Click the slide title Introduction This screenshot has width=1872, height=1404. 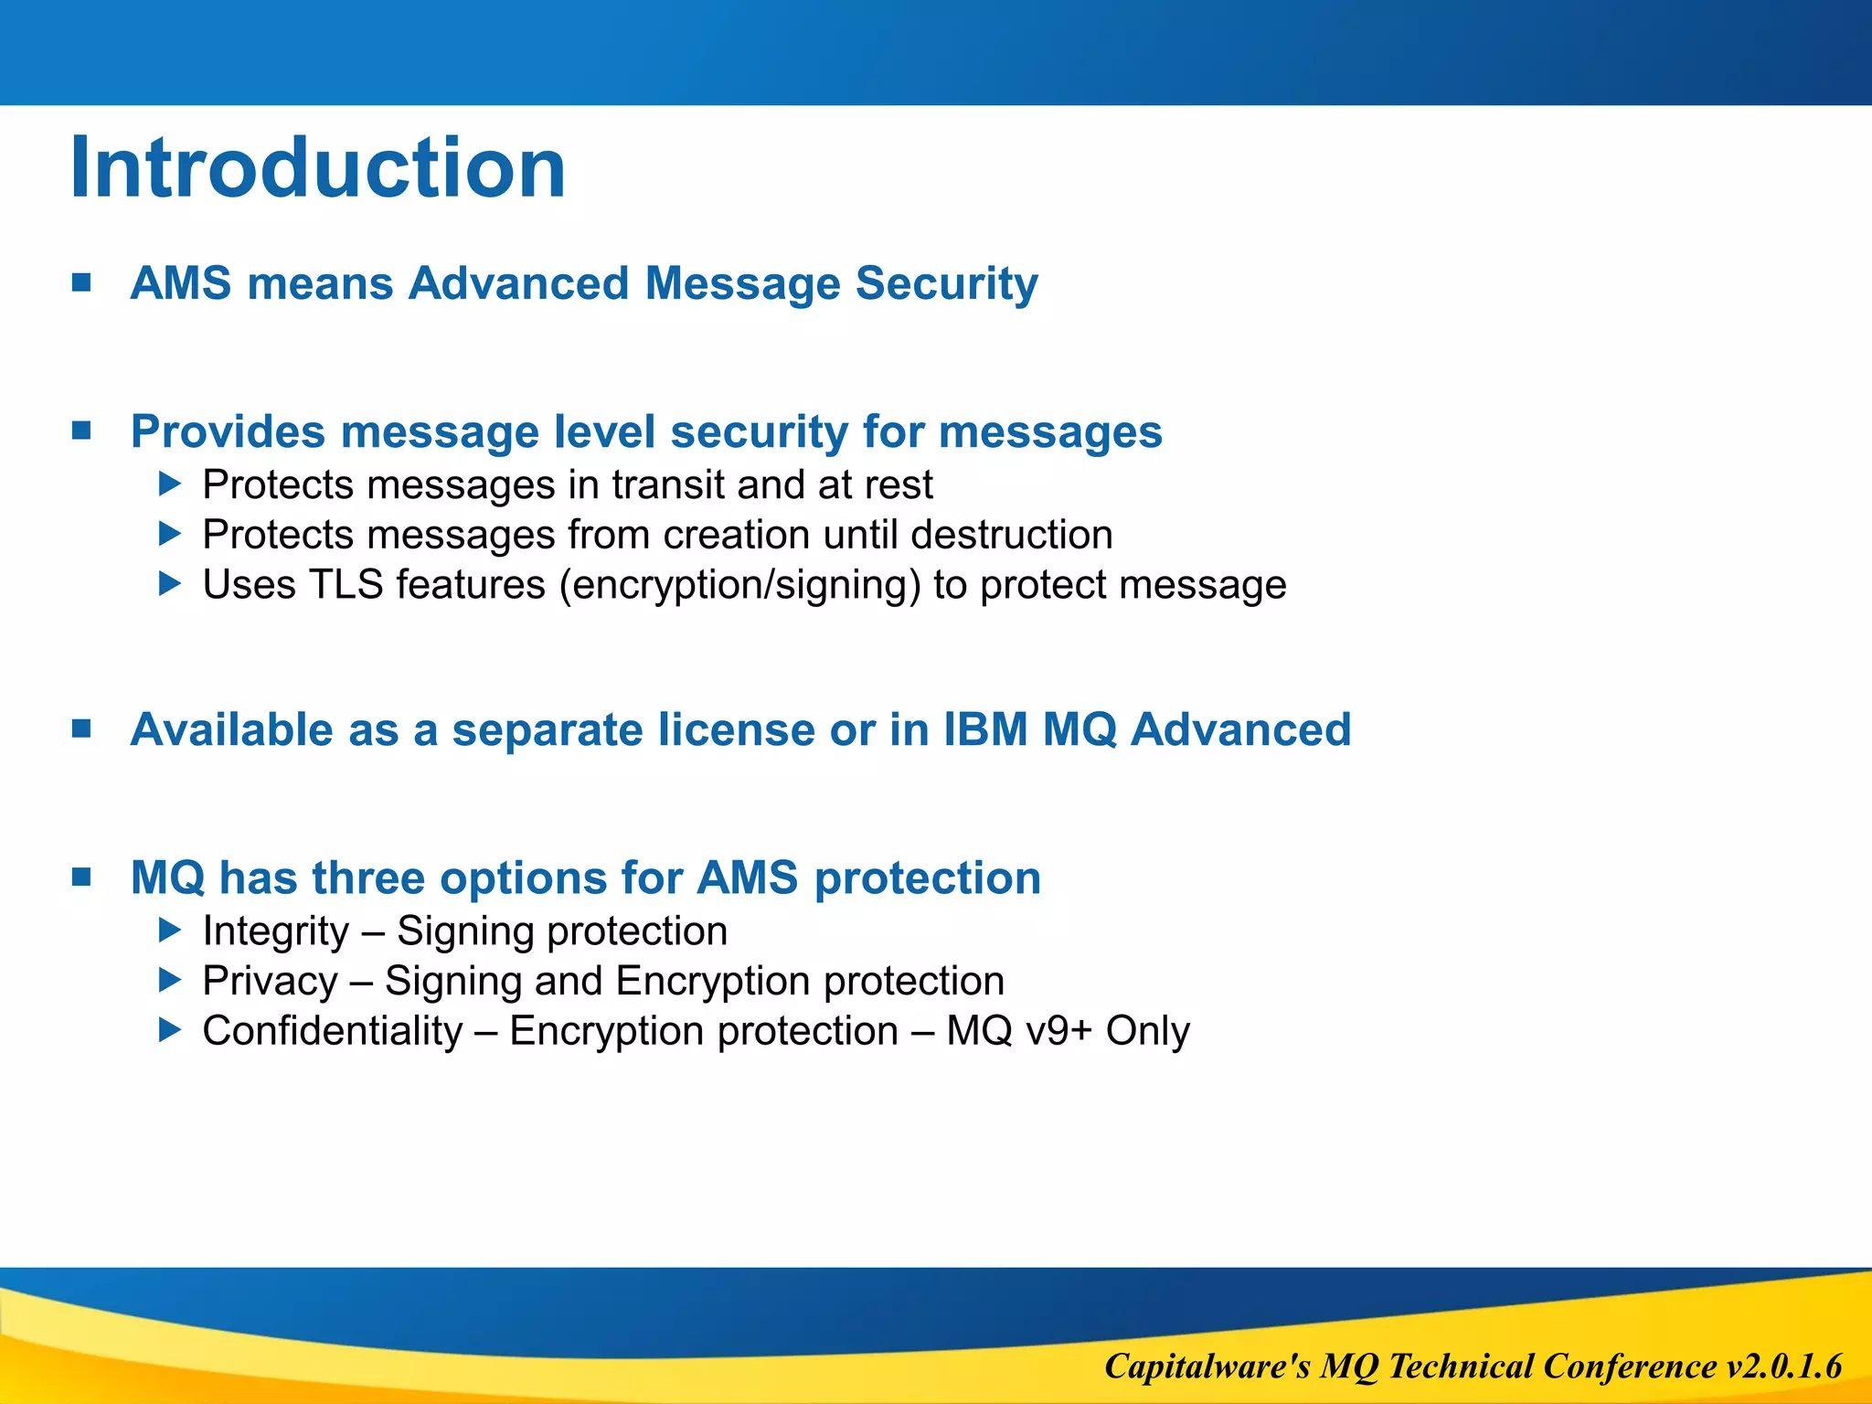click(x=317, y=168)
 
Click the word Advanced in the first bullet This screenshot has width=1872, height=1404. click(x=518, y=283)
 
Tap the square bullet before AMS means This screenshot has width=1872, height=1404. click(x=81, y=282)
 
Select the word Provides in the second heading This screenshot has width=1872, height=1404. click(x=227, y=431)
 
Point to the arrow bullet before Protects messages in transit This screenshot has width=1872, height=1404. click(x=170, y=484)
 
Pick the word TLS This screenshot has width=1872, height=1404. click(x=346, y=585)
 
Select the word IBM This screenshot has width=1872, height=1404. click(x=985, y=729)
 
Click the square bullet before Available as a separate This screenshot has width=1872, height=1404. click(x=81, y=729)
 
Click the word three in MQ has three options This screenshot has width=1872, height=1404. click(x=368, y=878)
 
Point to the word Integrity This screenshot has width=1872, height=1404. click(x=275, y=931)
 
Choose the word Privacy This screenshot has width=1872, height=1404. click(x=270, y=982)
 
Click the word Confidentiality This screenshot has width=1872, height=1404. click(x=333, y=1031)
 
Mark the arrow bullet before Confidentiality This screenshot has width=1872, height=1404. click(x=170, y=1030)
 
